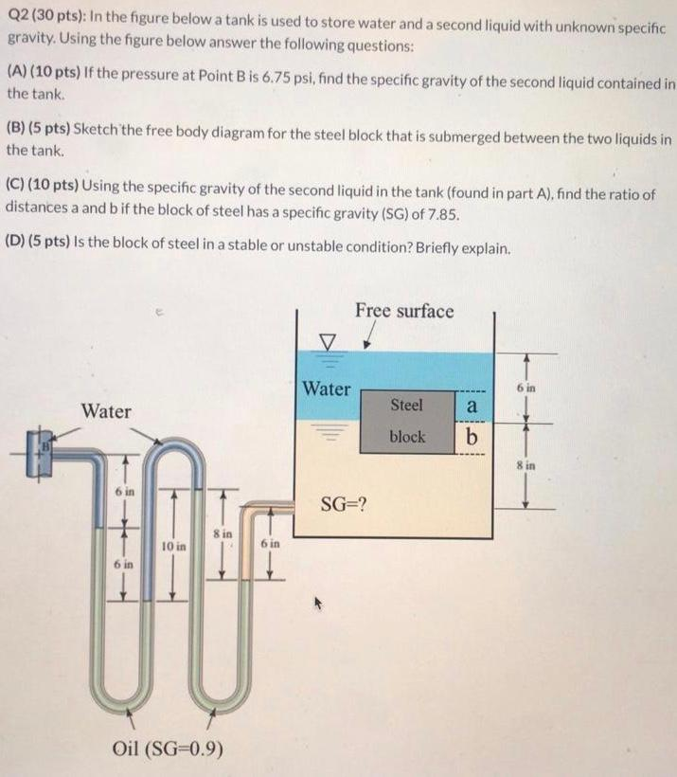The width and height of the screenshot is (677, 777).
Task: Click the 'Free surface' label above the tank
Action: pyautogui.click(x=404, y=311)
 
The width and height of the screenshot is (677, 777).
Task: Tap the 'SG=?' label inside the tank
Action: pyautogui.click(x=345, y=502)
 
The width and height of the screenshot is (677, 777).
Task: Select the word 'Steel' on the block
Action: pyautogui.click(x=406, y=405)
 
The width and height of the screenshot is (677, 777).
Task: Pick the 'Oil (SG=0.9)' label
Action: pyautogui.click(x=169, y=748)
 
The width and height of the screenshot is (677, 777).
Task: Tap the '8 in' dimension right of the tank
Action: pyautogui.click(x=526, y=465)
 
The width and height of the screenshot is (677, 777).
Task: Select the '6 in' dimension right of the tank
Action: pyautogui.click(x=526, y=388)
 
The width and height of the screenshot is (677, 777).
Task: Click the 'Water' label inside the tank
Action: pyautogui.click(x=326, y=388)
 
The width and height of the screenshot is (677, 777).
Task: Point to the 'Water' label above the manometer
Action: pyautogui.click(x=106, y=411)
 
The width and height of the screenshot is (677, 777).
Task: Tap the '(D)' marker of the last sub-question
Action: pyautogui.click(x=17, y=249)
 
